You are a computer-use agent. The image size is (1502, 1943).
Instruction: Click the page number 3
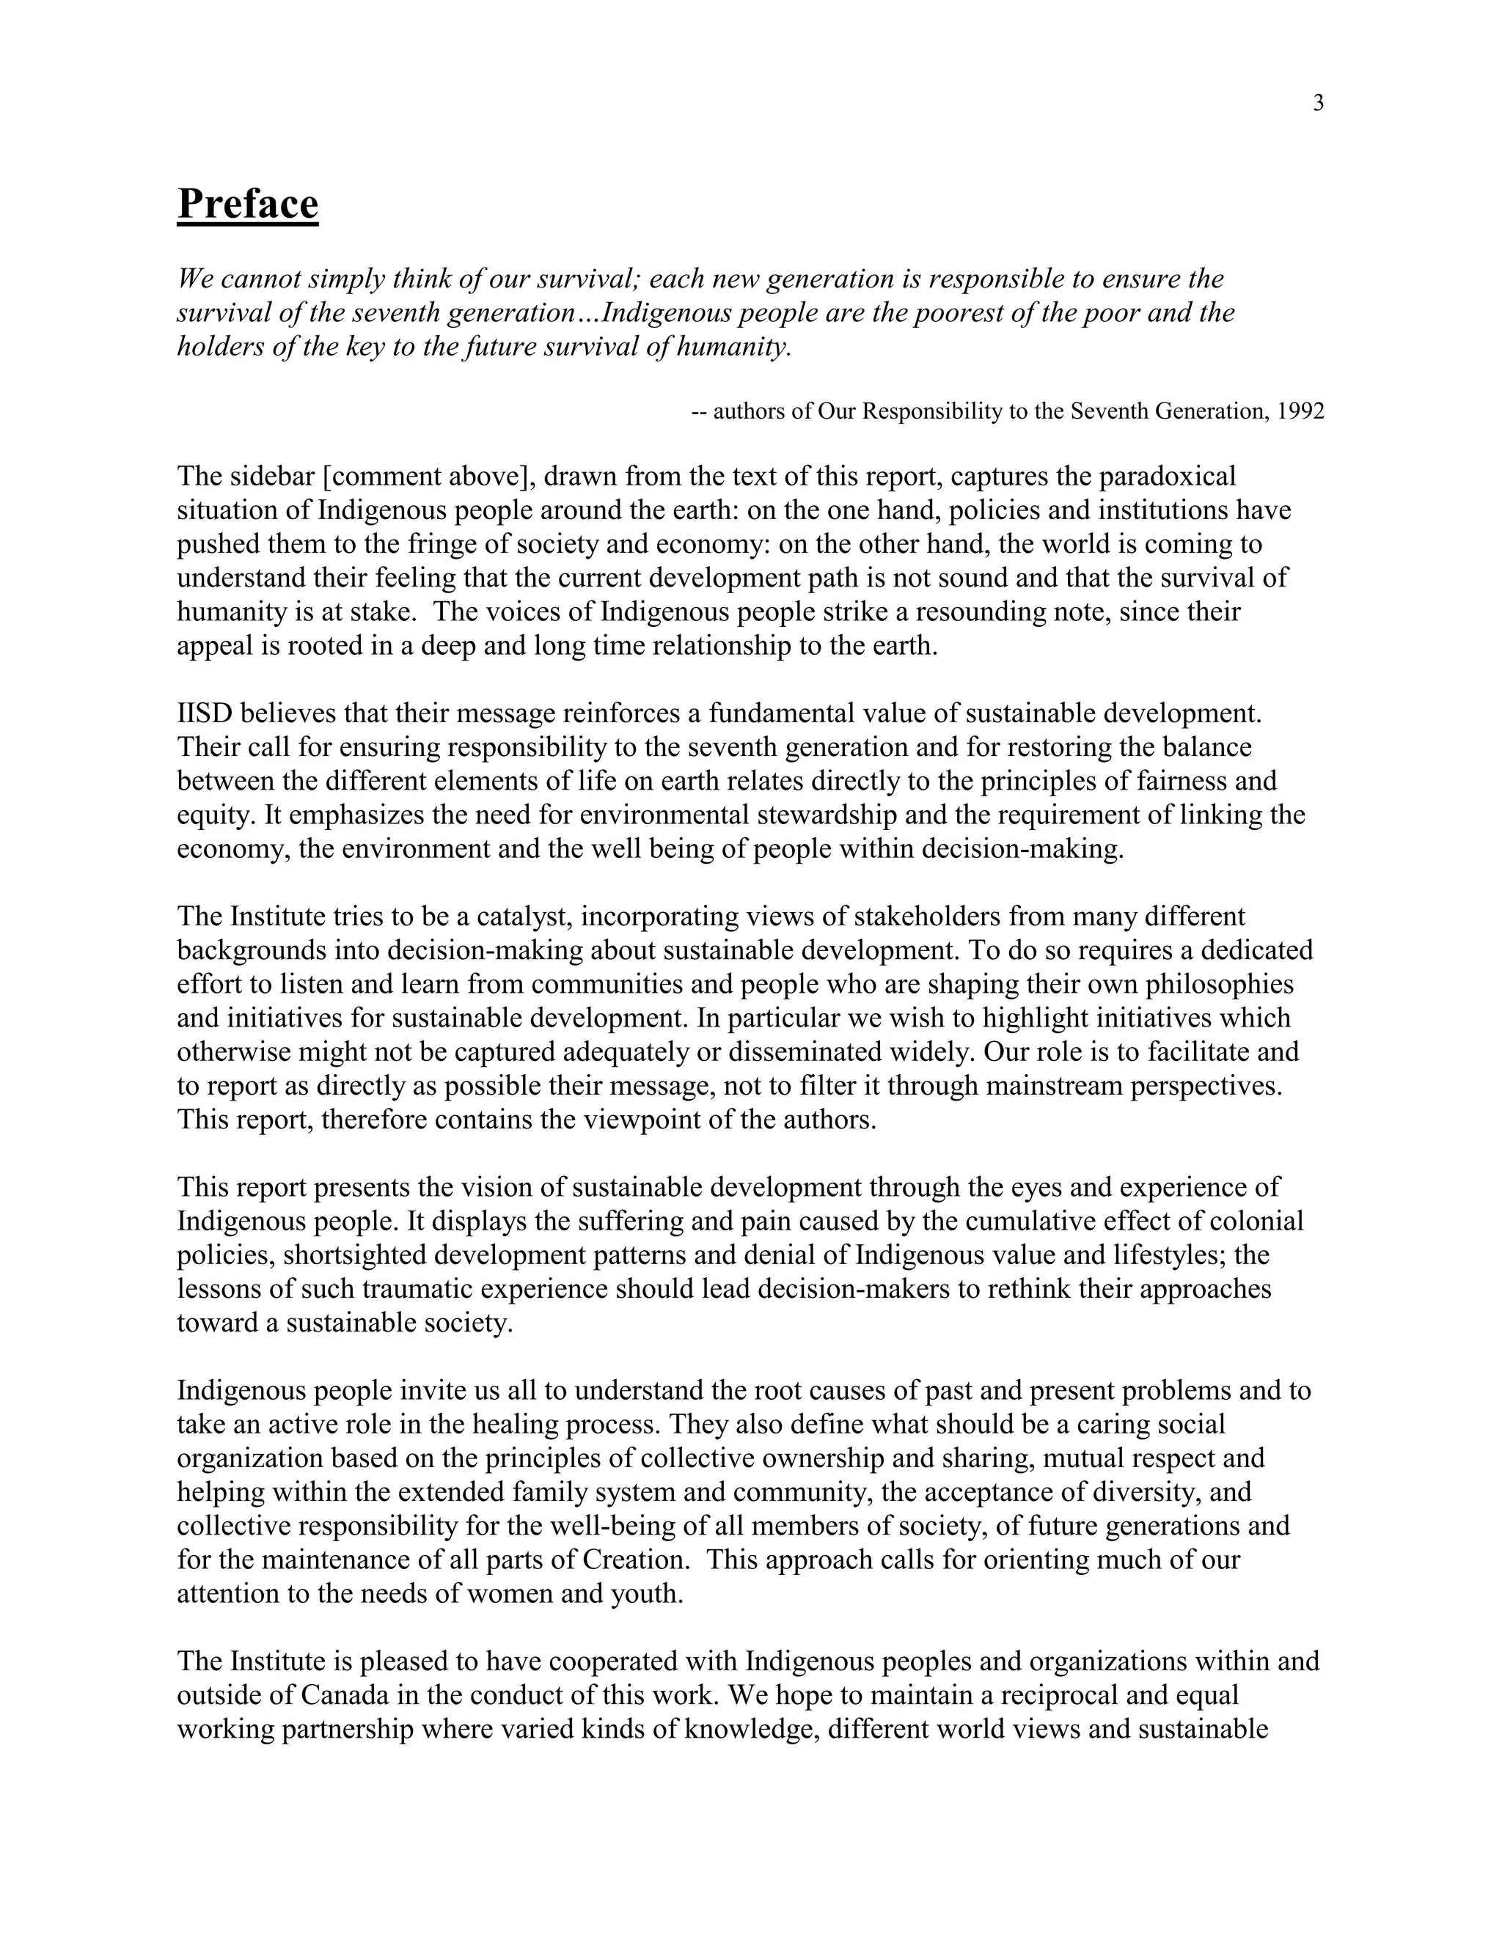(1318, 103)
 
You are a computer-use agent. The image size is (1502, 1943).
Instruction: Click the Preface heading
(247, 204)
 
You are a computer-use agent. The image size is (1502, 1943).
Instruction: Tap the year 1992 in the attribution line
(1300, 411)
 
